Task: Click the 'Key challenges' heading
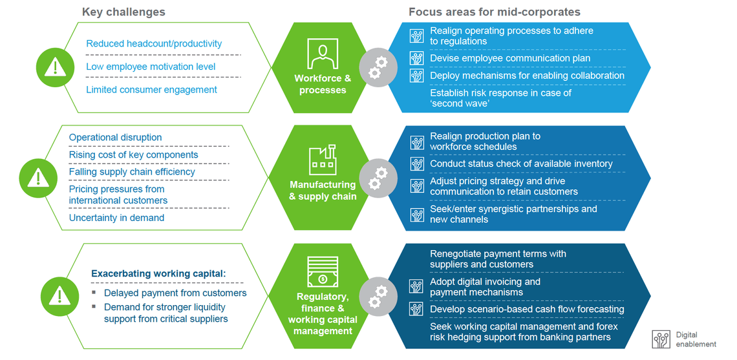(123, 12)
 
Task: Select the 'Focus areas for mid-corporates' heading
(494, 12)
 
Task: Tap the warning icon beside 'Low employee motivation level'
(56, 67)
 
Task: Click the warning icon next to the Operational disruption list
(38, 177)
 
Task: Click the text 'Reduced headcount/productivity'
(154, 43)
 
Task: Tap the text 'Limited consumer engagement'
(151, 90)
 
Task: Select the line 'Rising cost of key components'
(133, 154)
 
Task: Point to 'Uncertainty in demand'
(116, 218)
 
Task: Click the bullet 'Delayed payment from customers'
(175, 293)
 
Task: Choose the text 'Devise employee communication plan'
(510, 58)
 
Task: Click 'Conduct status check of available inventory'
(521, 164)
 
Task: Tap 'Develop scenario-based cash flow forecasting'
(527, 309)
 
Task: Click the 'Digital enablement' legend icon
(661, 339)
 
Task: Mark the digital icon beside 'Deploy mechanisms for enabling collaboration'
(417, 76)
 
